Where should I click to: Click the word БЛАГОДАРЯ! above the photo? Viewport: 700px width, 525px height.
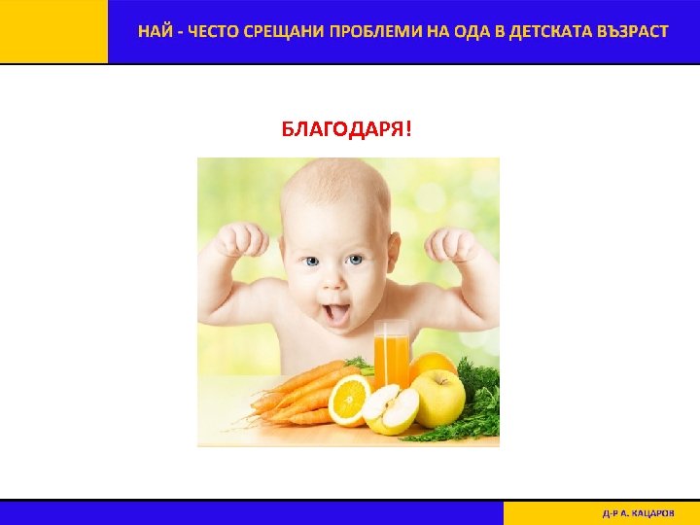coord(346,130)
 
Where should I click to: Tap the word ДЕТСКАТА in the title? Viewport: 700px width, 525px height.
coord(544,31)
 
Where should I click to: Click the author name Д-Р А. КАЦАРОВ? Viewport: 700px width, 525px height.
coord(637,512)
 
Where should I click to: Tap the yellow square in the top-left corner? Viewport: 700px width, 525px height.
coord(53,31)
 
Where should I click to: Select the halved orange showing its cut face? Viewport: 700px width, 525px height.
coord(349,401)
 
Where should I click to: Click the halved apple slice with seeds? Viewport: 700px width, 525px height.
coord(391,409)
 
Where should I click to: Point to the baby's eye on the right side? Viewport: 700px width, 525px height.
coord(355,261)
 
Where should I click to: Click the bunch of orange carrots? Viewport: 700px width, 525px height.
coord(297,394)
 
